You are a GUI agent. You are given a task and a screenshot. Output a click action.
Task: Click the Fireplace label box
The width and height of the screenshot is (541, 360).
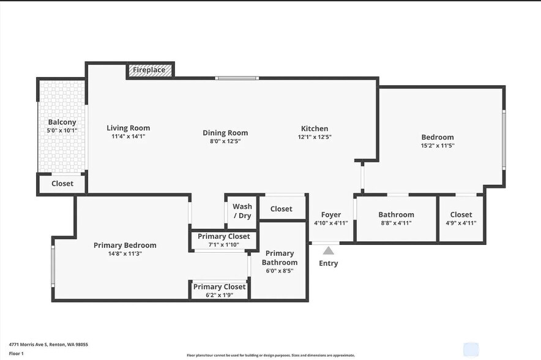click(150, 70)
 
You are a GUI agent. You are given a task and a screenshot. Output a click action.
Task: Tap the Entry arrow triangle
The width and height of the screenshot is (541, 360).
click(329, 250)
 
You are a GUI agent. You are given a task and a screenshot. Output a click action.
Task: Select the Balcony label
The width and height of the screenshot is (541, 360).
click(62, 122)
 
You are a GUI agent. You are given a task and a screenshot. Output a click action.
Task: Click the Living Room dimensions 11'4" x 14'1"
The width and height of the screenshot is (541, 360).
click(129, 137)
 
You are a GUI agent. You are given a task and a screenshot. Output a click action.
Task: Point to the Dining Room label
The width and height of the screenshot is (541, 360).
click(225, 133)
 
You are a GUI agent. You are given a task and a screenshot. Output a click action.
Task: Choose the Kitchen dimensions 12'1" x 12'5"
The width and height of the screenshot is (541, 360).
click(315, 137)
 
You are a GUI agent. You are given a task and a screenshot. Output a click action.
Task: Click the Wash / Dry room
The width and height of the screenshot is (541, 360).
click(242, 211)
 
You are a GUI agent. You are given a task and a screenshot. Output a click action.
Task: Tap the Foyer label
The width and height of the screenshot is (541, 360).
click(331, 215)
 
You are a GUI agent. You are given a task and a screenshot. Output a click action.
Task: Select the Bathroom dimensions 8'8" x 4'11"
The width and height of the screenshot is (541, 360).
click(396, 223)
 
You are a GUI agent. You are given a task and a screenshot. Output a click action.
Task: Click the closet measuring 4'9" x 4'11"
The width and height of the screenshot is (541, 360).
click(461, 219)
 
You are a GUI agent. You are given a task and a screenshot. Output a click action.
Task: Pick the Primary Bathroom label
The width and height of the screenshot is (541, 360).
click(280, 258)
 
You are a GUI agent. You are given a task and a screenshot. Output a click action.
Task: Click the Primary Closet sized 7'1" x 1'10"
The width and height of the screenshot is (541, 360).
click(223, 240)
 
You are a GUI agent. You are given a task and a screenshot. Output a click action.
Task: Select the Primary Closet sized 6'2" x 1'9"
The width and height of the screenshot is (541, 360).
click(219, 290)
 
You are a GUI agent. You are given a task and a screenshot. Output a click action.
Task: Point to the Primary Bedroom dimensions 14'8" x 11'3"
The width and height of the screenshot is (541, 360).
click(125, 253)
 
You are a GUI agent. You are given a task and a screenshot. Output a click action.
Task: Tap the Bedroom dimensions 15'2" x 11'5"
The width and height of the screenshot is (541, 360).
click(438, 146)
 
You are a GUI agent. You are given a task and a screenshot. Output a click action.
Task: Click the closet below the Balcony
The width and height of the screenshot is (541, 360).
click(62, 184)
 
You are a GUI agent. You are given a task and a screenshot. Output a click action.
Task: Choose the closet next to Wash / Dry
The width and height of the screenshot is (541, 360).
click(282, 209)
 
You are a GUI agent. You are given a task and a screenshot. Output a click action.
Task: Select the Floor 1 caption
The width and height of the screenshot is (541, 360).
click(16, 353)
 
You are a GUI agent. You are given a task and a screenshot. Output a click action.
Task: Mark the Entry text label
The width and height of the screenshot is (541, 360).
click(329, 263)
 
